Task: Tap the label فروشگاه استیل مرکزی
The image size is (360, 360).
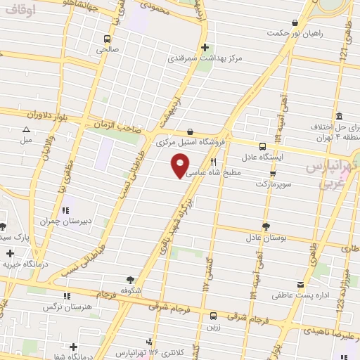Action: tap(191, 142)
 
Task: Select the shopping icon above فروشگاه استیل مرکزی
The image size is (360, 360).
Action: tap(191, 131)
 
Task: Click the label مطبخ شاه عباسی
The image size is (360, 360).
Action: tap(217, 172)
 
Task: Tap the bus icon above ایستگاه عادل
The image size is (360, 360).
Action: tap(262, 146)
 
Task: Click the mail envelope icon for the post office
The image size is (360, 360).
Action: tap(301, 285)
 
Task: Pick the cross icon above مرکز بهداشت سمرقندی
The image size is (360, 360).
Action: tap(205, 47)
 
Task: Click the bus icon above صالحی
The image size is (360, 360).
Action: tap(107, 39)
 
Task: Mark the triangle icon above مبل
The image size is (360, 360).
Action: tap(26, 129)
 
